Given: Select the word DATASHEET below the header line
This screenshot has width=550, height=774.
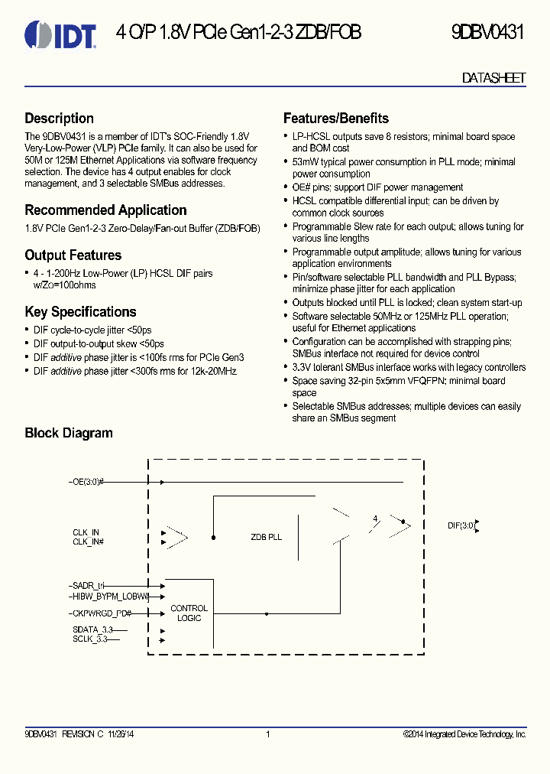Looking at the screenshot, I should click(494, 78).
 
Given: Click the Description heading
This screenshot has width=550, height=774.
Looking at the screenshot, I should click(60, 119).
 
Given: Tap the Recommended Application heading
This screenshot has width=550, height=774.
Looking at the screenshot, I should click(105, 210).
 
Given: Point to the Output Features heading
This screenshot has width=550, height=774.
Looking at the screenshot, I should click(73, 255).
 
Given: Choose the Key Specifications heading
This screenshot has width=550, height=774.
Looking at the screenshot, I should click(80, 312).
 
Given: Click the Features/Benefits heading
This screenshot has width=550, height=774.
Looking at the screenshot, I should click(336, 119).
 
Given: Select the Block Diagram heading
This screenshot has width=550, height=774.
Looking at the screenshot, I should click(69, 433).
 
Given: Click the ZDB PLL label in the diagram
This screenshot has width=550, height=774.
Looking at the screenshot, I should click(266, 537).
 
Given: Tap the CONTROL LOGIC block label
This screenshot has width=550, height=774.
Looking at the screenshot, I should click(189, 613).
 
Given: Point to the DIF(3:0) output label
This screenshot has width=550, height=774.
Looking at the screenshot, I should click(461, 525).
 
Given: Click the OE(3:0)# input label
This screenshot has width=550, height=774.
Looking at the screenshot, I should click(87, 483).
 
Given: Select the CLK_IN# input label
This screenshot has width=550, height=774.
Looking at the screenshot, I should click(89, 541).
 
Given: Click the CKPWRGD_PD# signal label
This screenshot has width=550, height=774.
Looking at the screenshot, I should click(101, 613).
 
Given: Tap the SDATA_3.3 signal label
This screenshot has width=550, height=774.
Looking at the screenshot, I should click(90, 629).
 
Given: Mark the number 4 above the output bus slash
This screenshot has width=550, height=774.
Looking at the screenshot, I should click(374, 519).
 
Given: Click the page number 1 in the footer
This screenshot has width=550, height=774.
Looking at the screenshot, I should click(267, 735).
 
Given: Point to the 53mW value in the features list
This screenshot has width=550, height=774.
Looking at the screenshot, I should click(304, 162).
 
